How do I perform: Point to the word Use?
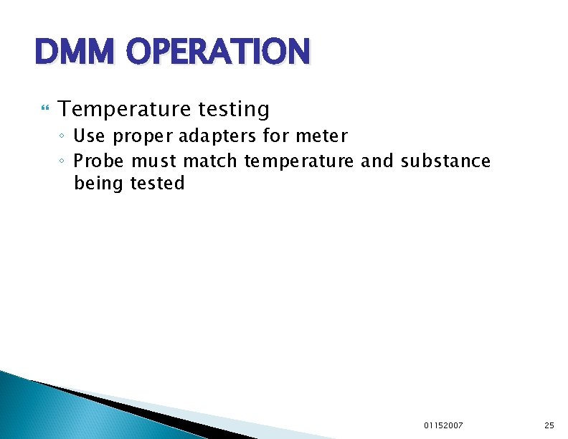tap(89, 135)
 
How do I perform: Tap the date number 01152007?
tap(443, 425)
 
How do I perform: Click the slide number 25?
tap(549, 425)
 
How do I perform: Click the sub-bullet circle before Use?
tap(63, 136)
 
